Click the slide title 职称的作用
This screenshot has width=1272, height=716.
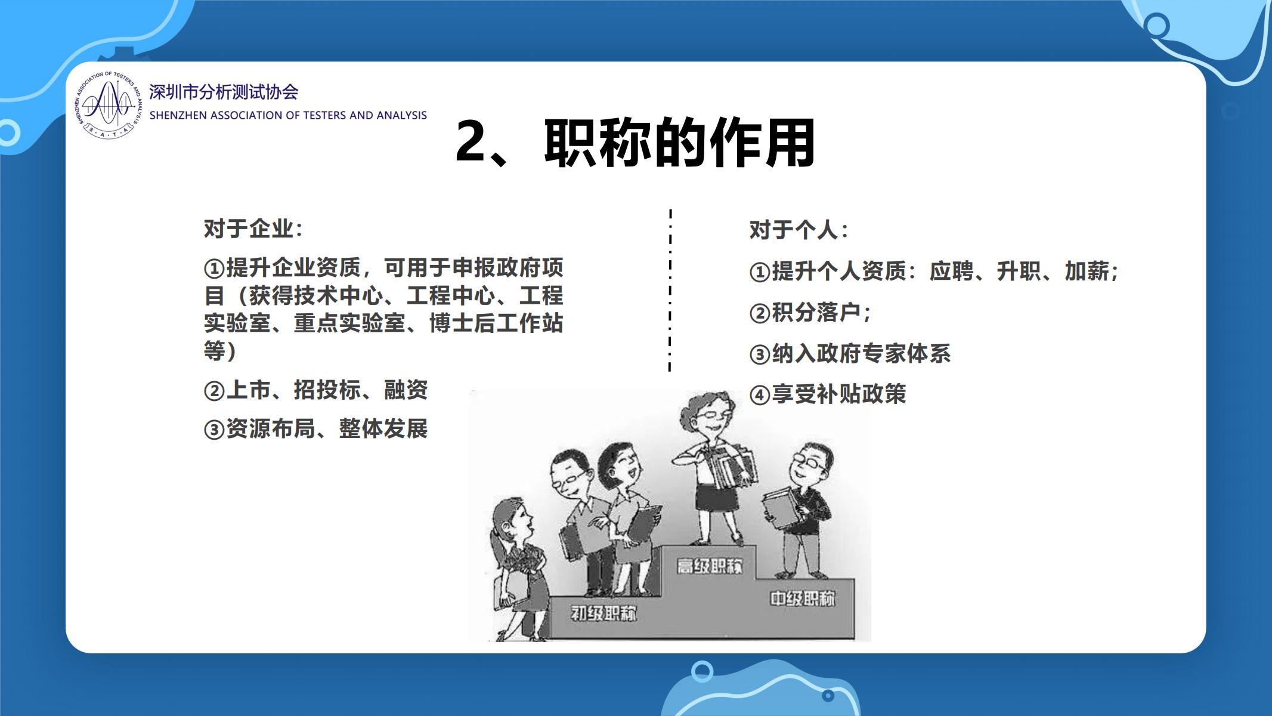(x=680, y=143)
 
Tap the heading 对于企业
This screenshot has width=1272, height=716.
(x=253, y=229)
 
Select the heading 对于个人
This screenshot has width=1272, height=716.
(x=799, y=230)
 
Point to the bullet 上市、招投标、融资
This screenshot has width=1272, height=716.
(x=316, y=390)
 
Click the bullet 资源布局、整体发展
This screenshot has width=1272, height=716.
(x=316, y=429)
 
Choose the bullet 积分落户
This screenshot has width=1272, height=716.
(x=810, y=313)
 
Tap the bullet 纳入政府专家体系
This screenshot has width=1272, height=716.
(x=850, y=354)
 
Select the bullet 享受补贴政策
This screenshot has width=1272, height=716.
(x=828, y=394)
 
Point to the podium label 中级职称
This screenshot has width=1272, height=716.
(x=802, y=598)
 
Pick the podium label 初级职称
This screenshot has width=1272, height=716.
(x=604, y=613)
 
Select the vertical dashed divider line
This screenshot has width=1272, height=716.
(x=670, y=290)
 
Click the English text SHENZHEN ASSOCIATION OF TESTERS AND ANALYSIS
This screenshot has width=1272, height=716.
(x=288, y=115)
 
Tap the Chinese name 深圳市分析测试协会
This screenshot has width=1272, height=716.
(x=224, y=92)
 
